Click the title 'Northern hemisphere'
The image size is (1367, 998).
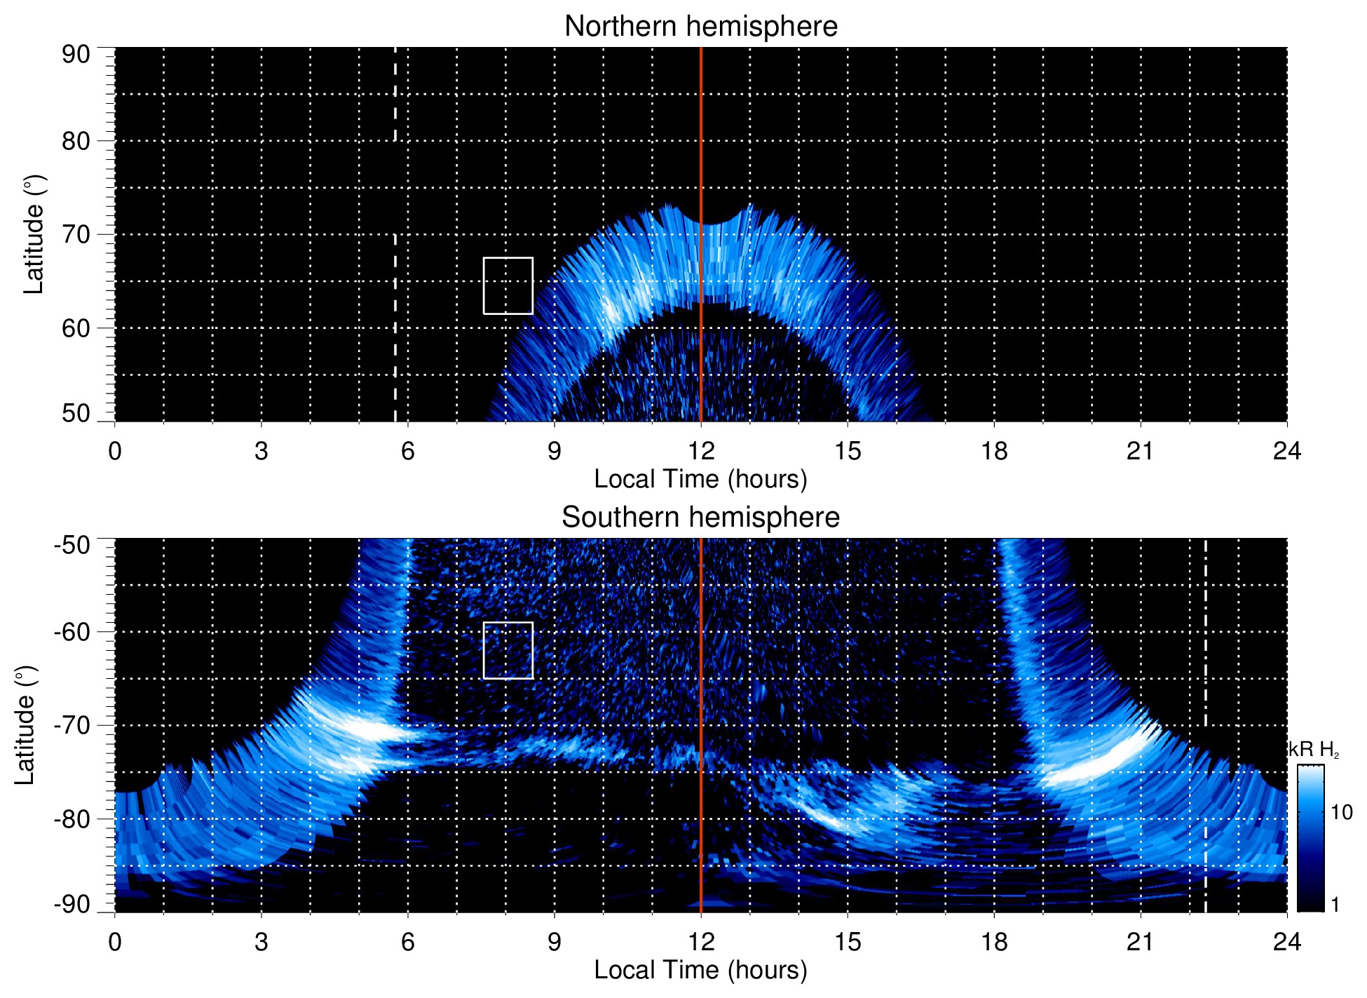(700, 27)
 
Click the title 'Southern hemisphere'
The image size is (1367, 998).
(700, 518)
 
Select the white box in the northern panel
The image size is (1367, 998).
(508, 285)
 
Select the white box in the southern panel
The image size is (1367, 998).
(508, 650)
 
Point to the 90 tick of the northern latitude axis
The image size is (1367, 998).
(76, 55)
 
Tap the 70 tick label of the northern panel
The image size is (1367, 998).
(76, 234)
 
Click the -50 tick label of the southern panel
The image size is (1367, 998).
(72, 545)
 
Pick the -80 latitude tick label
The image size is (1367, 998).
(72, 818)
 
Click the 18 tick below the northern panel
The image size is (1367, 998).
(993, 451)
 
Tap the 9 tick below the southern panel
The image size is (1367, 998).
(554, 942)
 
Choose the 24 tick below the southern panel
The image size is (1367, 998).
(1286, 942)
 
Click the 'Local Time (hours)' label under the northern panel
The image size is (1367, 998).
(700, 479)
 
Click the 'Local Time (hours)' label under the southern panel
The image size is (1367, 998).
(700, 970)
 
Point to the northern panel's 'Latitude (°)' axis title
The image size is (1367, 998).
(34, 234)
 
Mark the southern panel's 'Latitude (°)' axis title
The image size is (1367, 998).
(25, 725)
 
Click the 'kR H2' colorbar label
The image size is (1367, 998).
(1314, 750)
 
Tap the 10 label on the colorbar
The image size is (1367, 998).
(1341, 813)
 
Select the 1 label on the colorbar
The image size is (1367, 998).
(1335, 905)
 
